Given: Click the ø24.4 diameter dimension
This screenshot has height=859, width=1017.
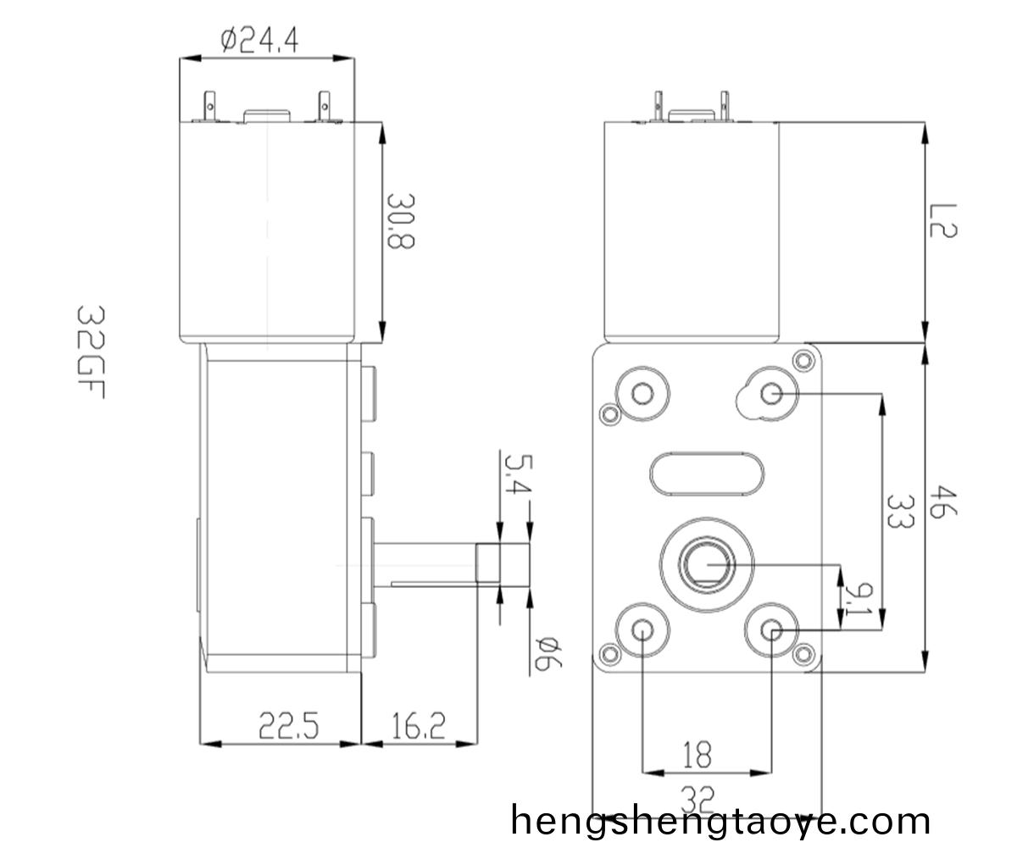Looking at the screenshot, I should tap(258, 40).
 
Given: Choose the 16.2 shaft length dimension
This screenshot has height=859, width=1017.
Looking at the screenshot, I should tap(419, 726).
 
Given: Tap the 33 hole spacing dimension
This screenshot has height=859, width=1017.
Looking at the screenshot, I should tap(899, 513).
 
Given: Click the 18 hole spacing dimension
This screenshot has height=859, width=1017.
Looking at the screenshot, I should tap(697, 753).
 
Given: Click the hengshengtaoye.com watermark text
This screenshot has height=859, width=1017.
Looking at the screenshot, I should tap(721, 821).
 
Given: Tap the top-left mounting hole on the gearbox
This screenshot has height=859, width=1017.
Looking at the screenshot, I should tap(642, 393).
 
